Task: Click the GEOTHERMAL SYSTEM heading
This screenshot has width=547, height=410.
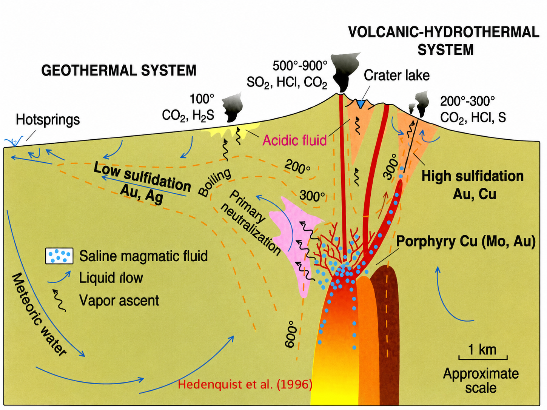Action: click(119, 70)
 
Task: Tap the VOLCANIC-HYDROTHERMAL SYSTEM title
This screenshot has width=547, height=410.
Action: click(444, 41)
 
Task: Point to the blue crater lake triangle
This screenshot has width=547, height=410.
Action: click(360, 104)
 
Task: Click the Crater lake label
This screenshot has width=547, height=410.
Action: click(397, 75)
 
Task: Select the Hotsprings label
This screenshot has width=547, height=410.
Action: click(48, 120)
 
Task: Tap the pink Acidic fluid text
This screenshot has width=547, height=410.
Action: click(294, 140)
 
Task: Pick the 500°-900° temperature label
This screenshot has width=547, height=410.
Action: click(300, 66)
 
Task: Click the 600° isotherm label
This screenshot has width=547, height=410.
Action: click(291, 334)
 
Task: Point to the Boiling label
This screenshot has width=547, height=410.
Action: click(214, 182)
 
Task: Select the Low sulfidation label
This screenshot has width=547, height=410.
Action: click(142, 177)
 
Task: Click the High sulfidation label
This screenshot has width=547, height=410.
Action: click(473, 176)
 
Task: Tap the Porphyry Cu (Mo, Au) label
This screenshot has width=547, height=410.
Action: click(466, 241)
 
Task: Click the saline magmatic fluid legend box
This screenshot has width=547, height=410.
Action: click(59, 256)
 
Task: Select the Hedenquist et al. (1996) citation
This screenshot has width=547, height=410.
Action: click(245, 384)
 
